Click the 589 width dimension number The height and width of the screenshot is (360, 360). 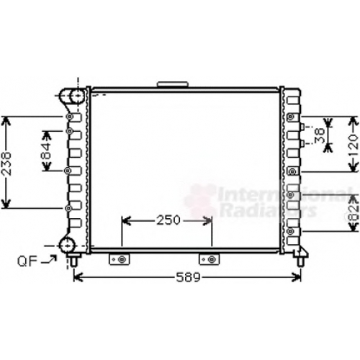188,277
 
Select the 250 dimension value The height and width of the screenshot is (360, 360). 168,220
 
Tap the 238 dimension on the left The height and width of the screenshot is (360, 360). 6,163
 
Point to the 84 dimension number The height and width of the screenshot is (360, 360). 46,151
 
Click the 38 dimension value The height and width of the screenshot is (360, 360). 320,135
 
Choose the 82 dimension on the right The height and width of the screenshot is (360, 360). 354,213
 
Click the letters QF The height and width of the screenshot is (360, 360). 27,261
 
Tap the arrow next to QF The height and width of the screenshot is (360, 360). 49,260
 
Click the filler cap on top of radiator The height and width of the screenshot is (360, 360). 172,84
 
